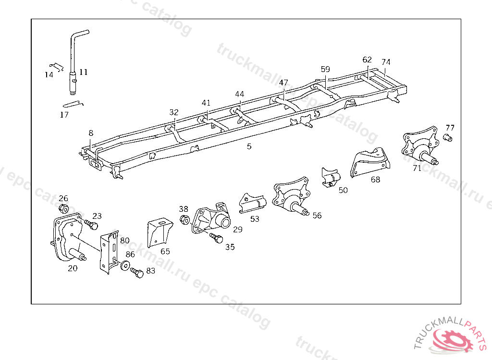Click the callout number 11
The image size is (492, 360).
(x=84, y=72)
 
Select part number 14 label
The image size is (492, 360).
(x=49, y=75)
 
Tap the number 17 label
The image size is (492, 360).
(x=64, y=115)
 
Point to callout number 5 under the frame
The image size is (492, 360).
(x=249, y=146)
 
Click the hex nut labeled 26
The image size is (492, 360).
(x=63, y=209)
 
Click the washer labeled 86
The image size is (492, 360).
(x=125, y=265)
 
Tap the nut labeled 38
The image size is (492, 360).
(x=184, y=220)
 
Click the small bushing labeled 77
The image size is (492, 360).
(x=449, y=139)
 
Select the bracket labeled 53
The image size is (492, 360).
(x=253, y=203)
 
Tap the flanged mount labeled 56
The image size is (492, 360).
(x=292, y=198)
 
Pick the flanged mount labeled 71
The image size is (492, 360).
(x=419, y=146)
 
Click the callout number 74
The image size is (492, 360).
(x=386, y=62)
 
